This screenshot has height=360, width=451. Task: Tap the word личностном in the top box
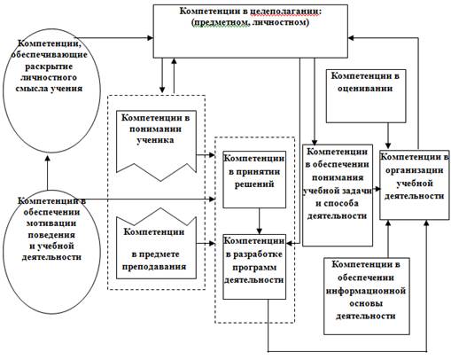coord(280,22)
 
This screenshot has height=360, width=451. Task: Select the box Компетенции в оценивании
coord(366,96)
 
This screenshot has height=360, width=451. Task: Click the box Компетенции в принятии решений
coord(254,179)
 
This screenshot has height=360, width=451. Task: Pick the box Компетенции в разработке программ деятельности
coord(254,267)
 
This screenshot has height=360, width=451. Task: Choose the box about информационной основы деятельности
coord(367,296)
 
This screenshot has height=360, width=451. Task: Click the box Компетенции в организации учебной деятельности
coord(415,184)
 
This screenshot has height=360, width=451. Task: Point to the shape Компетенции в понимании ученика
coord(156,145)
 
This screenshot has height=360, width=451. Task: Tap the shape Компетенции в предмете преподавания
coord(156,244)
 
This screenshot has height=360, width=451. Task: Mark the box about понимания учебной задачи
coord(338,195)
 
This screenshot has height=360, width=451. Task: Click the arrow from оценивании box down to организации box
coord(388,136)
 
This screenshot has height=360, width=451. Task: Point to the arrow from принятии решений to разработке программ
coord(260,222)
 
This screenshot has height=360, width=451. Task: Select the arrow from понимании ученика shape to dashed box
coord(206,154)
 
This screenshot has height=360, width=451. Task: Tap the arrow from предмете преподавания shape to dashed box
coord(206,244)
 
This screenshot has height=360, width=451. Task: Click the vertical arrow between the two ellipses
coord(47,173)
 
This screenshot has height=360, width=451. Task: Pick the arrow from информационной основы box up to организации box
coord(388,239)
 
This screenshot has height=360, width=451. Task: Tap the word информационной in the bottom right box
coord(366,291)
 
